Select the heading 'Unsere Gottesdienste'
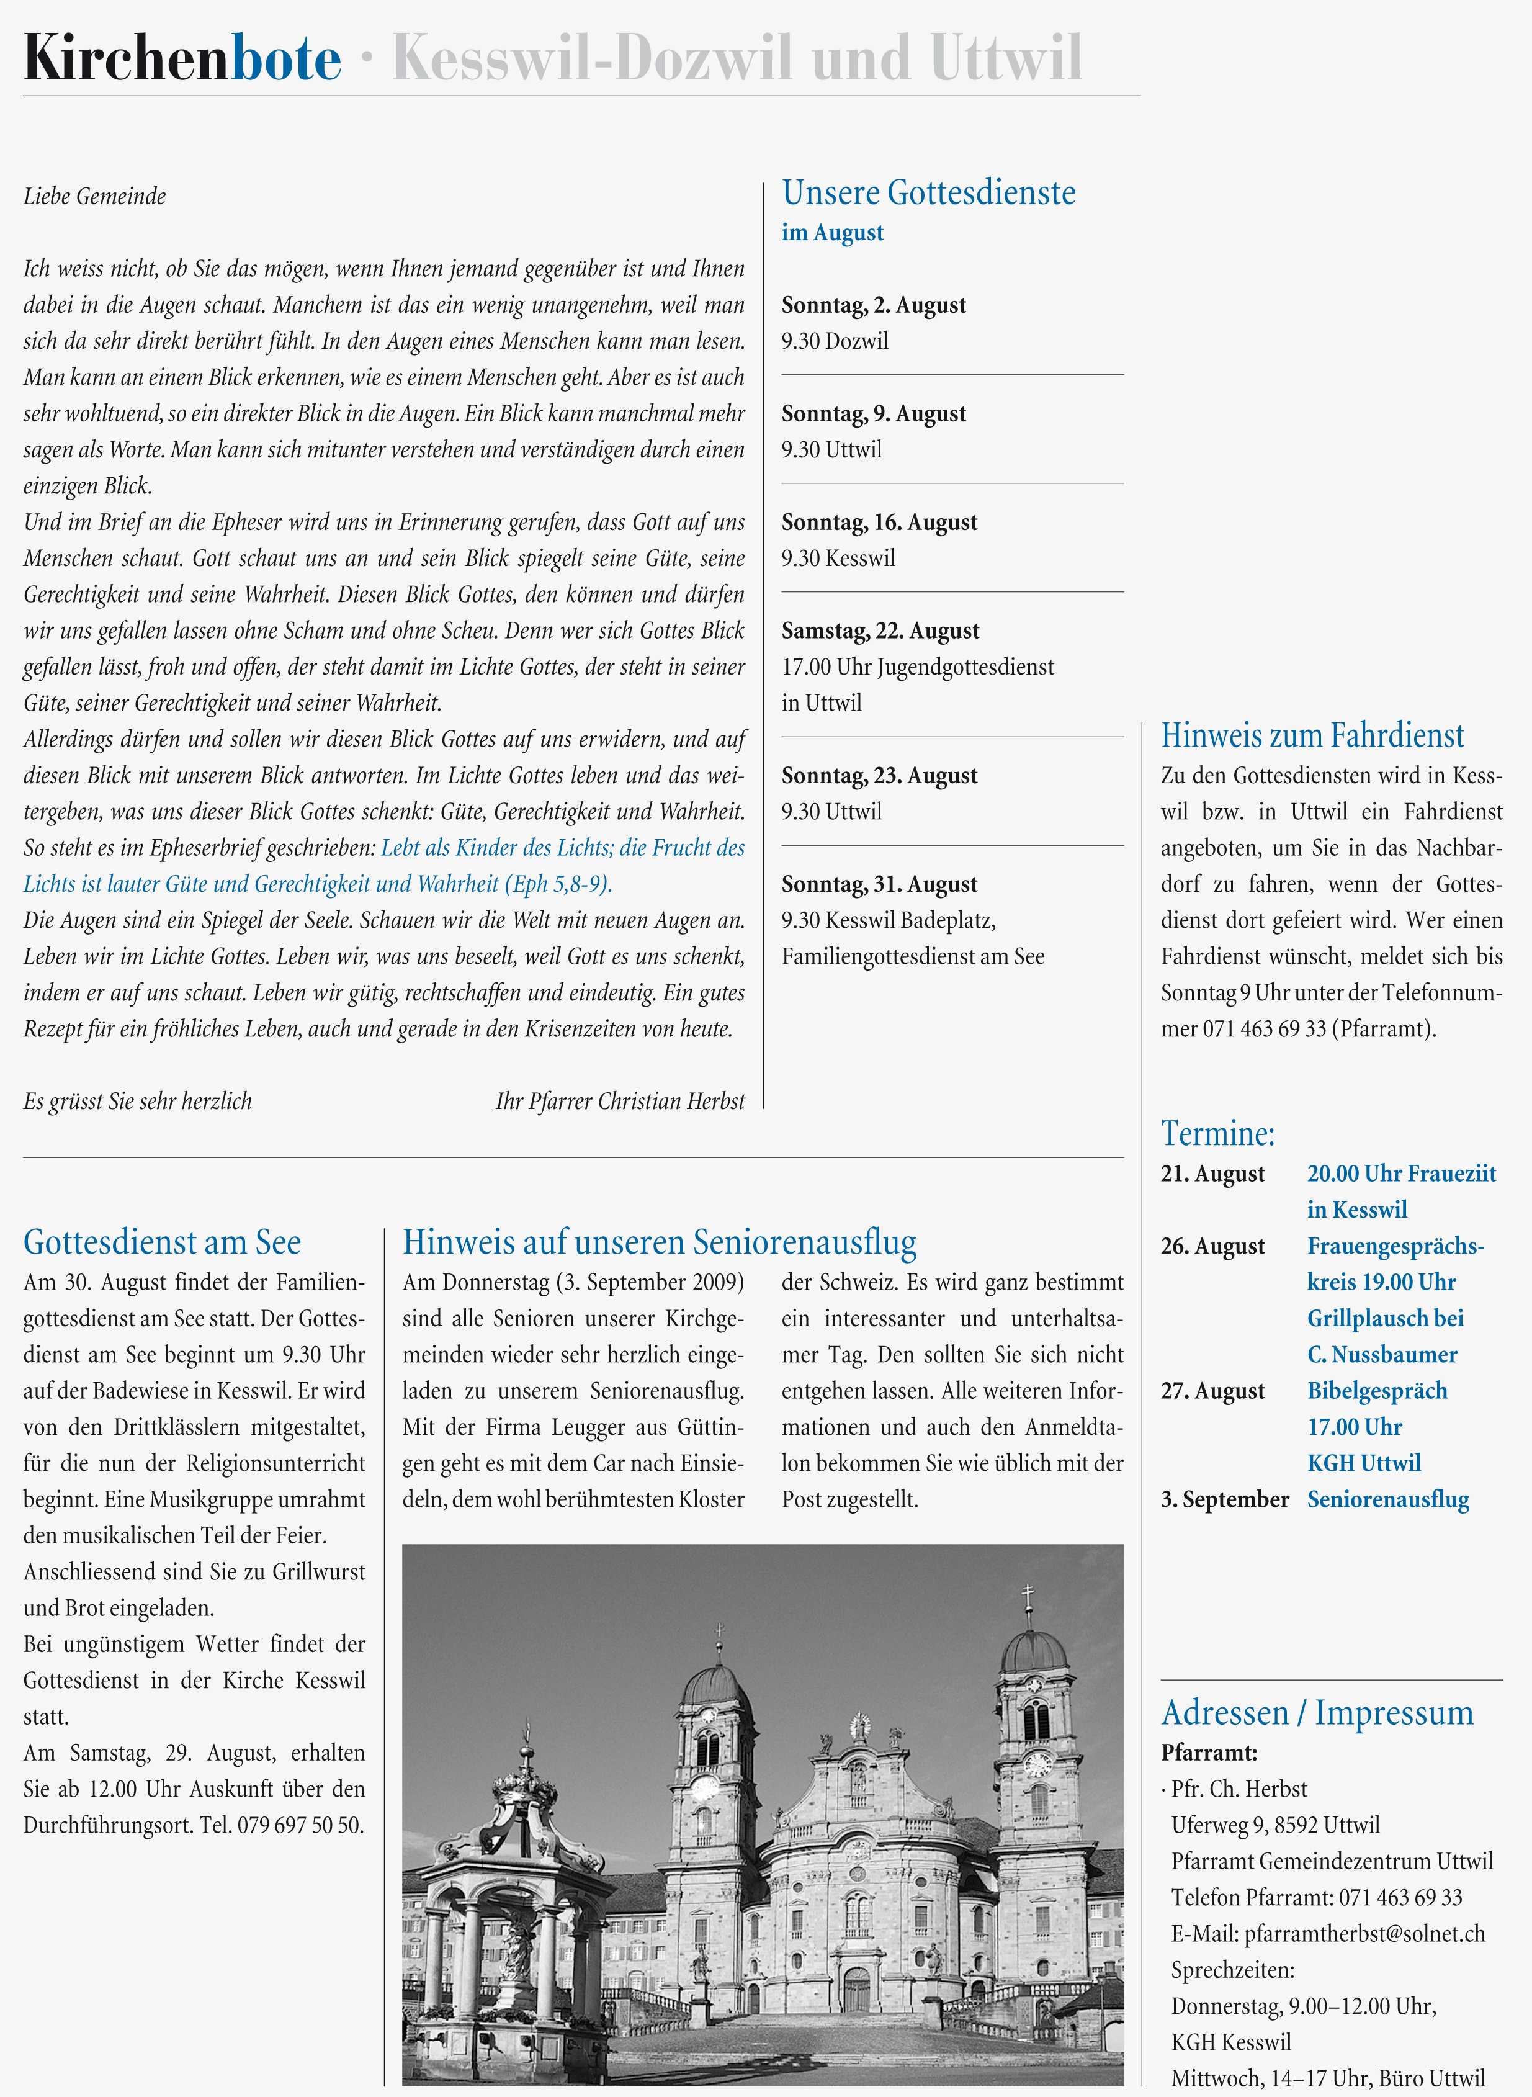coord(928,193)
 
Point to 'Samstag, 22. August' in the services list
coord(880,631)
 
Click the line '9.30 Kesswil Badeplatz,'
coord(889,920)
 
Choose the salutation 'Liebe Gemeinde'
coord(94,197)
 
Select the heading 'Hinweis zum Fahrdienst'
coord(1312,735)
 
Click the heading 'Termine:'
coord(1217,1133)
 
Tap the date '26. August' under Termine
coord(1212,1246)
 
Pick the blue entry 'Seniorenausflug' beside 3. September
coord(1388,1500)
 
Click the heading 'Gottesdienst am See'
coord(163,1242)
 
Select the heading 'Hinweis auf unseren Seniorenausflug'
coord(660,1242)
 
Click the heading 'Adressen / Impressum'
coord(1317,1713)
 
